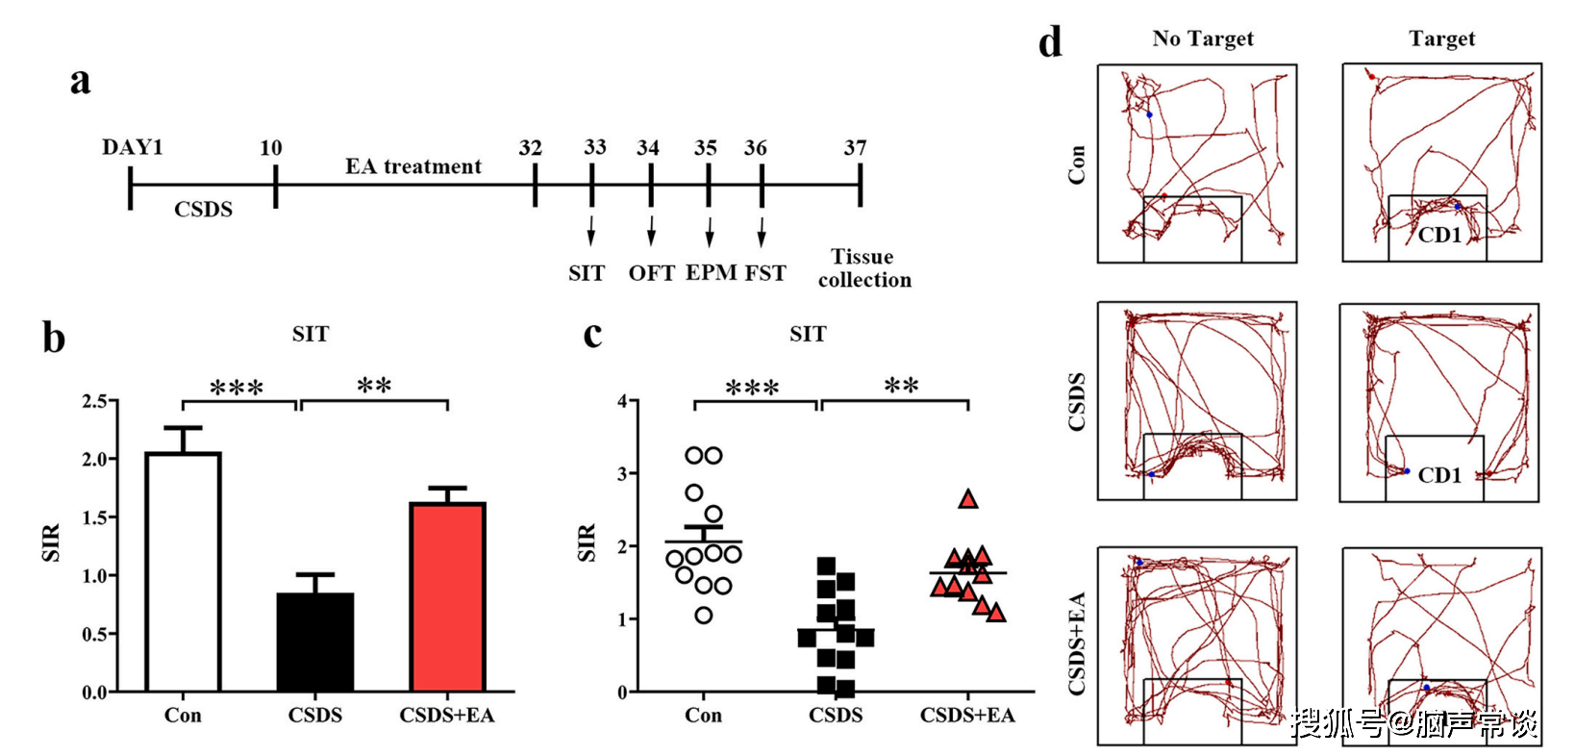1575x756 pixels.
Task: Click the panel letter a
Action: [80, 81]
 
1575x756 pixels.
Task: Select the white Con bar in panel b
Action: [183, 571]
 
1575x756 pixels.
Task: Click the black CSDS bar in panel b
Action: [315, 642]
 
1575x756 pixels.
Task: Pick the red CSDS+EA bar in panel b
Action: [447, 596]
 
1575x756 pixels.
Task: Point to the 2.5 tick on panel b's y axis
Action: [94, 401]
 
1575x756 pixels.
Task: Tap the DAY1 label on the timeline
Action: [133, 147]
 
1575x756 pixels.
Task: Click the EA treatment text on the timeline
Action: [413, 166]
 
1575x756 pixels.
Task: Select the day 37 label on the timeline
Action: [856, 148]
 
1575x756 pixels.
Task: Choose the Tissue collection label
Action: [863, 268]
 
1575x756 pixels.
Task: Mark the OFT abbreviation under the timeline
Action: [652, 273]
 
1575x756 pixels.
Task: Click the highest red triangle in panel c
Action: [968, 499]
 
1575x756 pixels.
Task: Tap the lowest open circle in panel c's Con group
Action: [704, 616]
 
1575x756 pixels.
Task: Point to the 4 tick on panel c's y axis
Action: [622, 401]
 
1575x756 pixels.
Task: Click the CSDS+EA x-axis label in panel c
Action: [967, 716]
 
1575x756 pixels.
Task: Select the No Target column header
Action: [1203, 38]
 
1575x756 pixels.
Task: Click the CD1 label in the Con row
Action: [1439, 235]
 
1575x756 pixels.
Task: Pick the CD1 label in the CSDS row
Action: [1439, 475]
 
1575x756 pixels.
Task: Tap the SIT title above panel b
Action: [311, 334]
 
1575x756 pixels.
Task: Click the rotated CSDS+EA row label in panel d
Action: [1077, 643]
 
